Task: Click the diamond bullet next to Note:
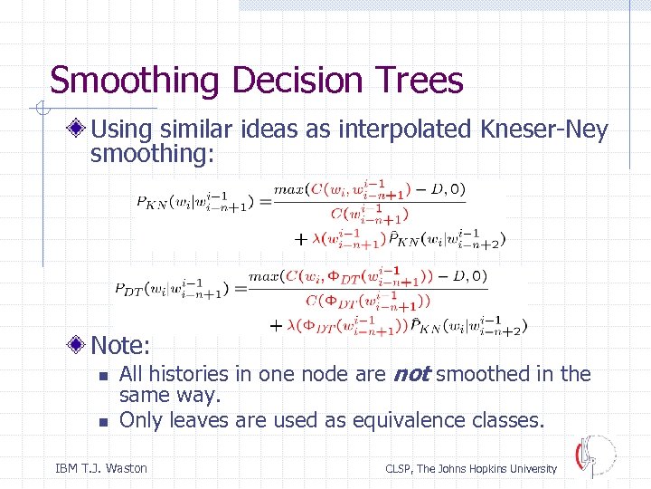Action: pos(80,345)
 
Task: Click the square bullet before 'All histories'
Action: pos(103,375)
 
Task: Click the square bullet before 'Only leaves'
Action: pos(103,421)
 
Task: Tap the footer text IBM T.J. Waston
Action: pos(101,468)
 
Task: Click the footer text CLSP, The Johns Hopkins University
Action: pos(471,468)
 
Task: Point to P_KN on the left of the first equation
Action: pos(150,202)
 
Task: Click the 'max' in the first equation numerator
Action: pos(290,189)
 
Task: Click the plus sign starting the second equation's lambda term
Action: pos(275,324)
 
